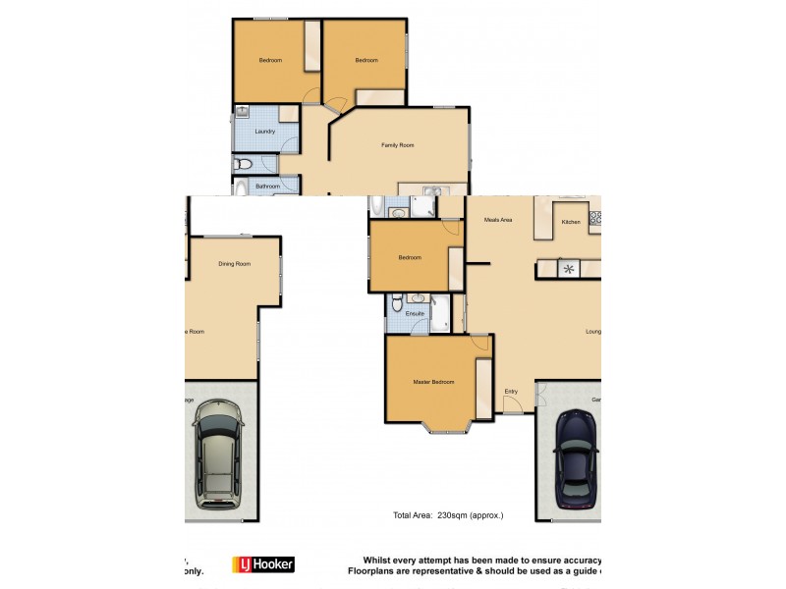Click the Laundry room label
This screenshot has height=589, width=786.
(x=263, y=132)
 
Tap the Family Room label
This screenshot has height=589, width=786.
(x=398, y=145)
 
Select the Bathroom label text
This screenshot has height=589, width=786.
(x=267, y=187)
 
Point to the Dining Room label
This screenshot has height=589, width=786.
(x=234, y=264)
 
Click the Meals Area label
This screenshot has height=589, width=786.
(x=498, y=221)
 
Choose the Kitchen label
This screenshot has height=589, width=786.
(x=571, y=223)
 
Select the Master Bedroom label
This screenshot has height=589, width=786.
(x=433, y=383)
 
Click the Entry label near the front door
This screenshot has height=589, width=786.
(x=511, y=392)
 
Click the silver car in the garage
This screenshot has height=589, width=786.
(x=218, y=457)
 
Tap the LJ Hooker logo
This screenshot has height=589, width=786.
(x=262, y=564)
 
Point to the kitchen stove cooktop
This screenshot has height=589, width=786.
(x=593, y=217)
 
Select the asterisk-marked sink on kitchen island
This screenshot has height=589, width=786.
(x=568, y=266)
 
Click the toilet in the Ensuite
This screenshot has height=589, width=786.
(x=395, y=304)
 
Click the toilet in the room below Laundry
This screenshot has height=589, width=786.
(x=244, y=164)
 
